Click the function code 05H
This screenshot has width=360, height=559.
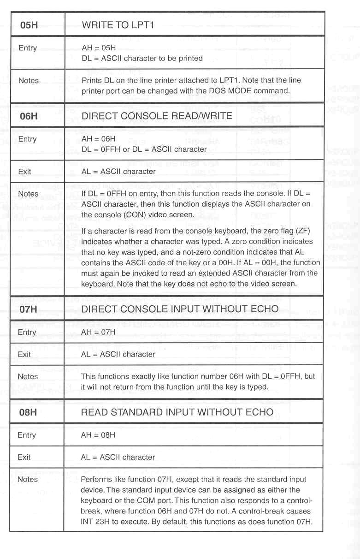tap(29, 25)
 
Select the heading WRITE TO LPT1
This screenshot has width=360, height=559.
tap(118, 25)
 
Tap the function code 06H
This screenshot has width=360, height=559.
tap(29, 116)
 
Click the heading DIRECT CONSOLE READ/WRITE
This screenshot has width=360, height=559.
tap(157, 116)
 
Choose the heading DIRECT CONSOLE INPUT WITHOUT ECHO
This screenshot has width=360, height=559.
tap(180, 309)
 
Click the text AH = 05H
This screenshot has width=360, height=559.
tap(98, 48)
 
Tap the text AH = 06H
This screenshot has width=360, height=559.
tap(98, 139)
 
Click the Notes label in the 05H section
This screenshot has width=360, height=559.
tap(29, 81)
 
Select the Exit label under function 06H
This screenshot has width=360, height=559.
tap(25, 172)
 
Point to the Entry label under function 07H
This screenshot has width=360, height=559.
tap(27, 332)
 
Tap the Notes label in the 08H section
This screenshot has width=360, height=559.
tap(28, 479)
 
